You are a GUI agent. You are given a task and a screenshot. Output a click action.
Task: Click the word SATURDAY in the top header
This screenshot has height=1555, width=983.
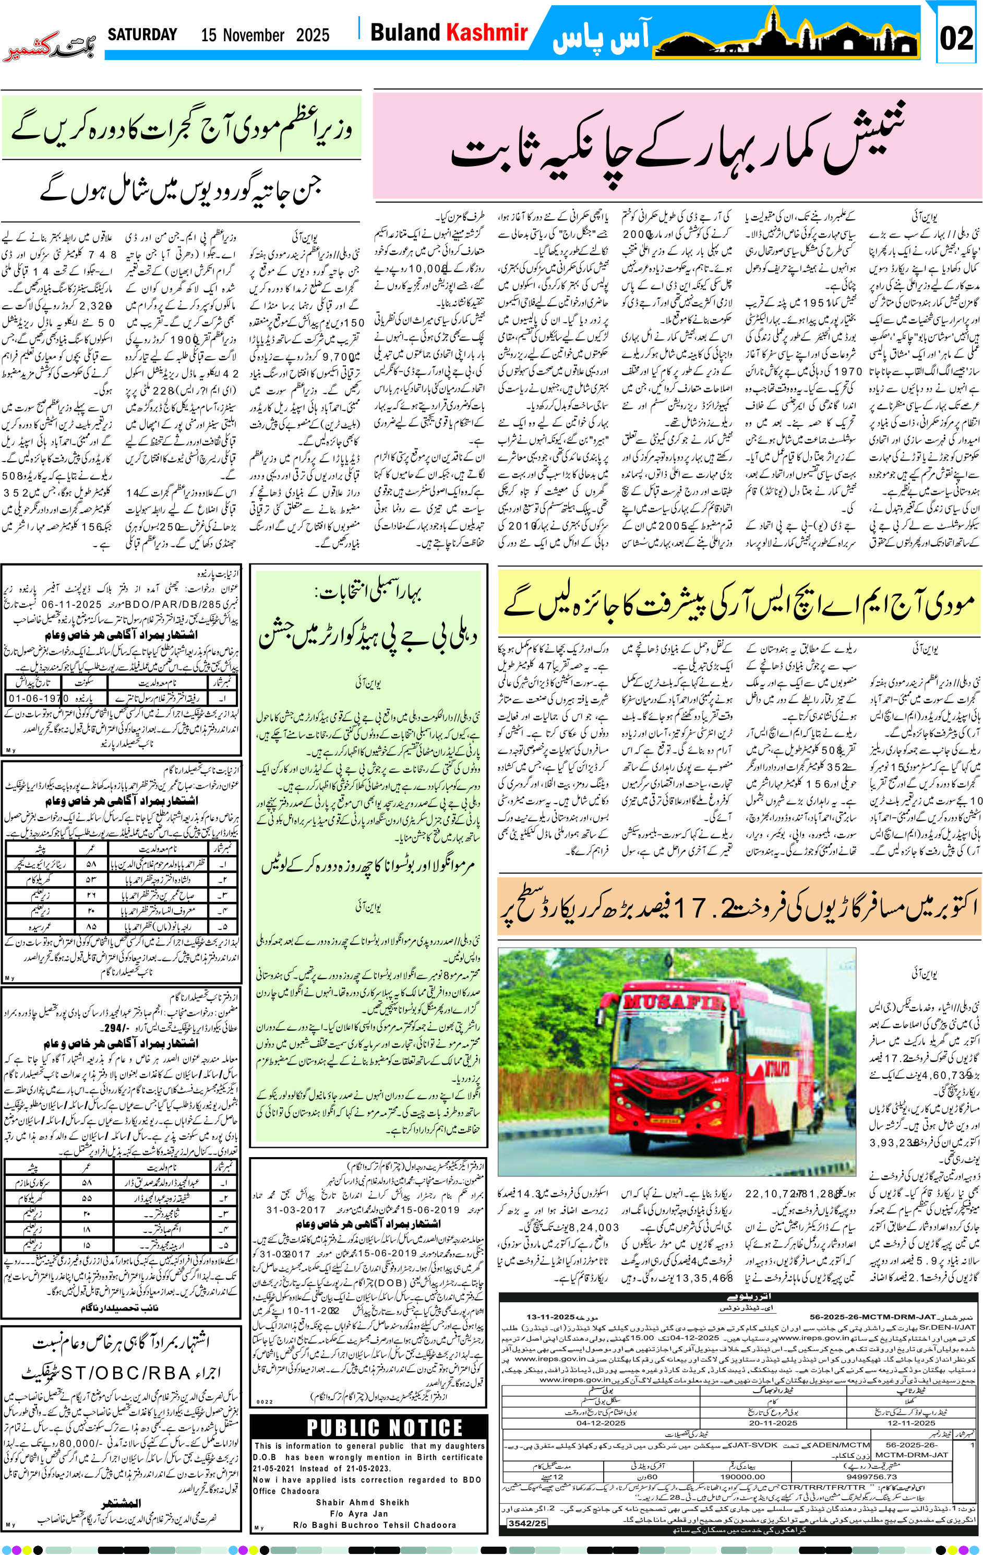click(x=142, y=34)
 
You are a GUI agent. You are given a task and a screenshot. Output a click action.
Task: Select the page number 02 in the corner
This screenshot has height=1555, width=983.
click(x=955, y=38)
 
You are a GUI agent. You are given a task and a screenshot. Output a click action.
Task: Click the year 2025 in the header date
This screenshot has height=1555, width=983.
click(x=313, y=35)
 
